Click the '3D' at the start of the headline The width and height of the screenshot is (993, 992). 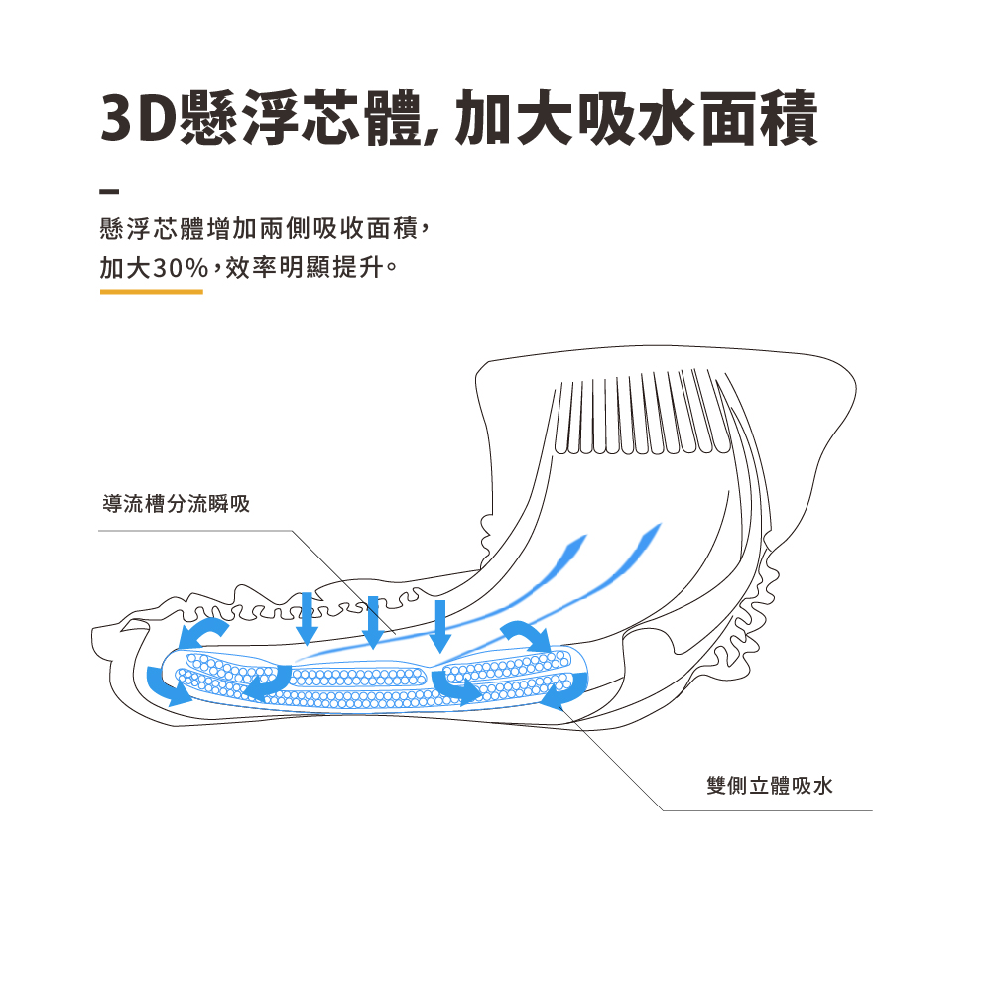[x=138, y=118]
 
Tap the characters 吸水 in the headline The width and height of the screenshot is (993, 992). [x=638, y=118]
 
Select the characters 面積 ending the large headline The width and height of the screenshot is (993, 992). [x=758, y=118]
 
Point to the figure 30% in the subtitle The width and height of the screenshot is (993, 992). [x=180, y=267]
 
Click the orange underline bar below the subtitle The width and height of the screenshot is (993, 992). [x=152, y=292]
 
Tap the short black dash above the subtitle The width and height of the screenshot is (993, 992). [x=109, y=190]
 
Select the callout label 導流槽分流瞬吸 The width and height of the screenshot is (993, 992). [x=176, y=504]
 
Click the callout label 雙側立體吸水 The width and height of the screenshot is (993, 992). [x=770, y=786]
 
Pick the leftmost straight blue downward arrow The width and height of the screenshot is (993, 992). [x=307, y=619]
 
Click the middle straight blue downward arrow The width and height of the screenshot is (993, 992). [x=373, y=622]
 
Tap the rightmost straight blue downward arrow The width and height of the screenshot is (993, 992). [x=440, y=626]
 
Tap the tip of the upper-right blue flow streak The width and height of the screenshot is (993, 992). [x=661, y=523]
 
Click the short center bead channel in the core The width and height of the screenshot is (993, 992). [x=359, y=678]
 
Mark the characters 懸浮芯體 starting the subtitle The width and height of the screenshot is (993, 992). [x=152, y=229]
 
